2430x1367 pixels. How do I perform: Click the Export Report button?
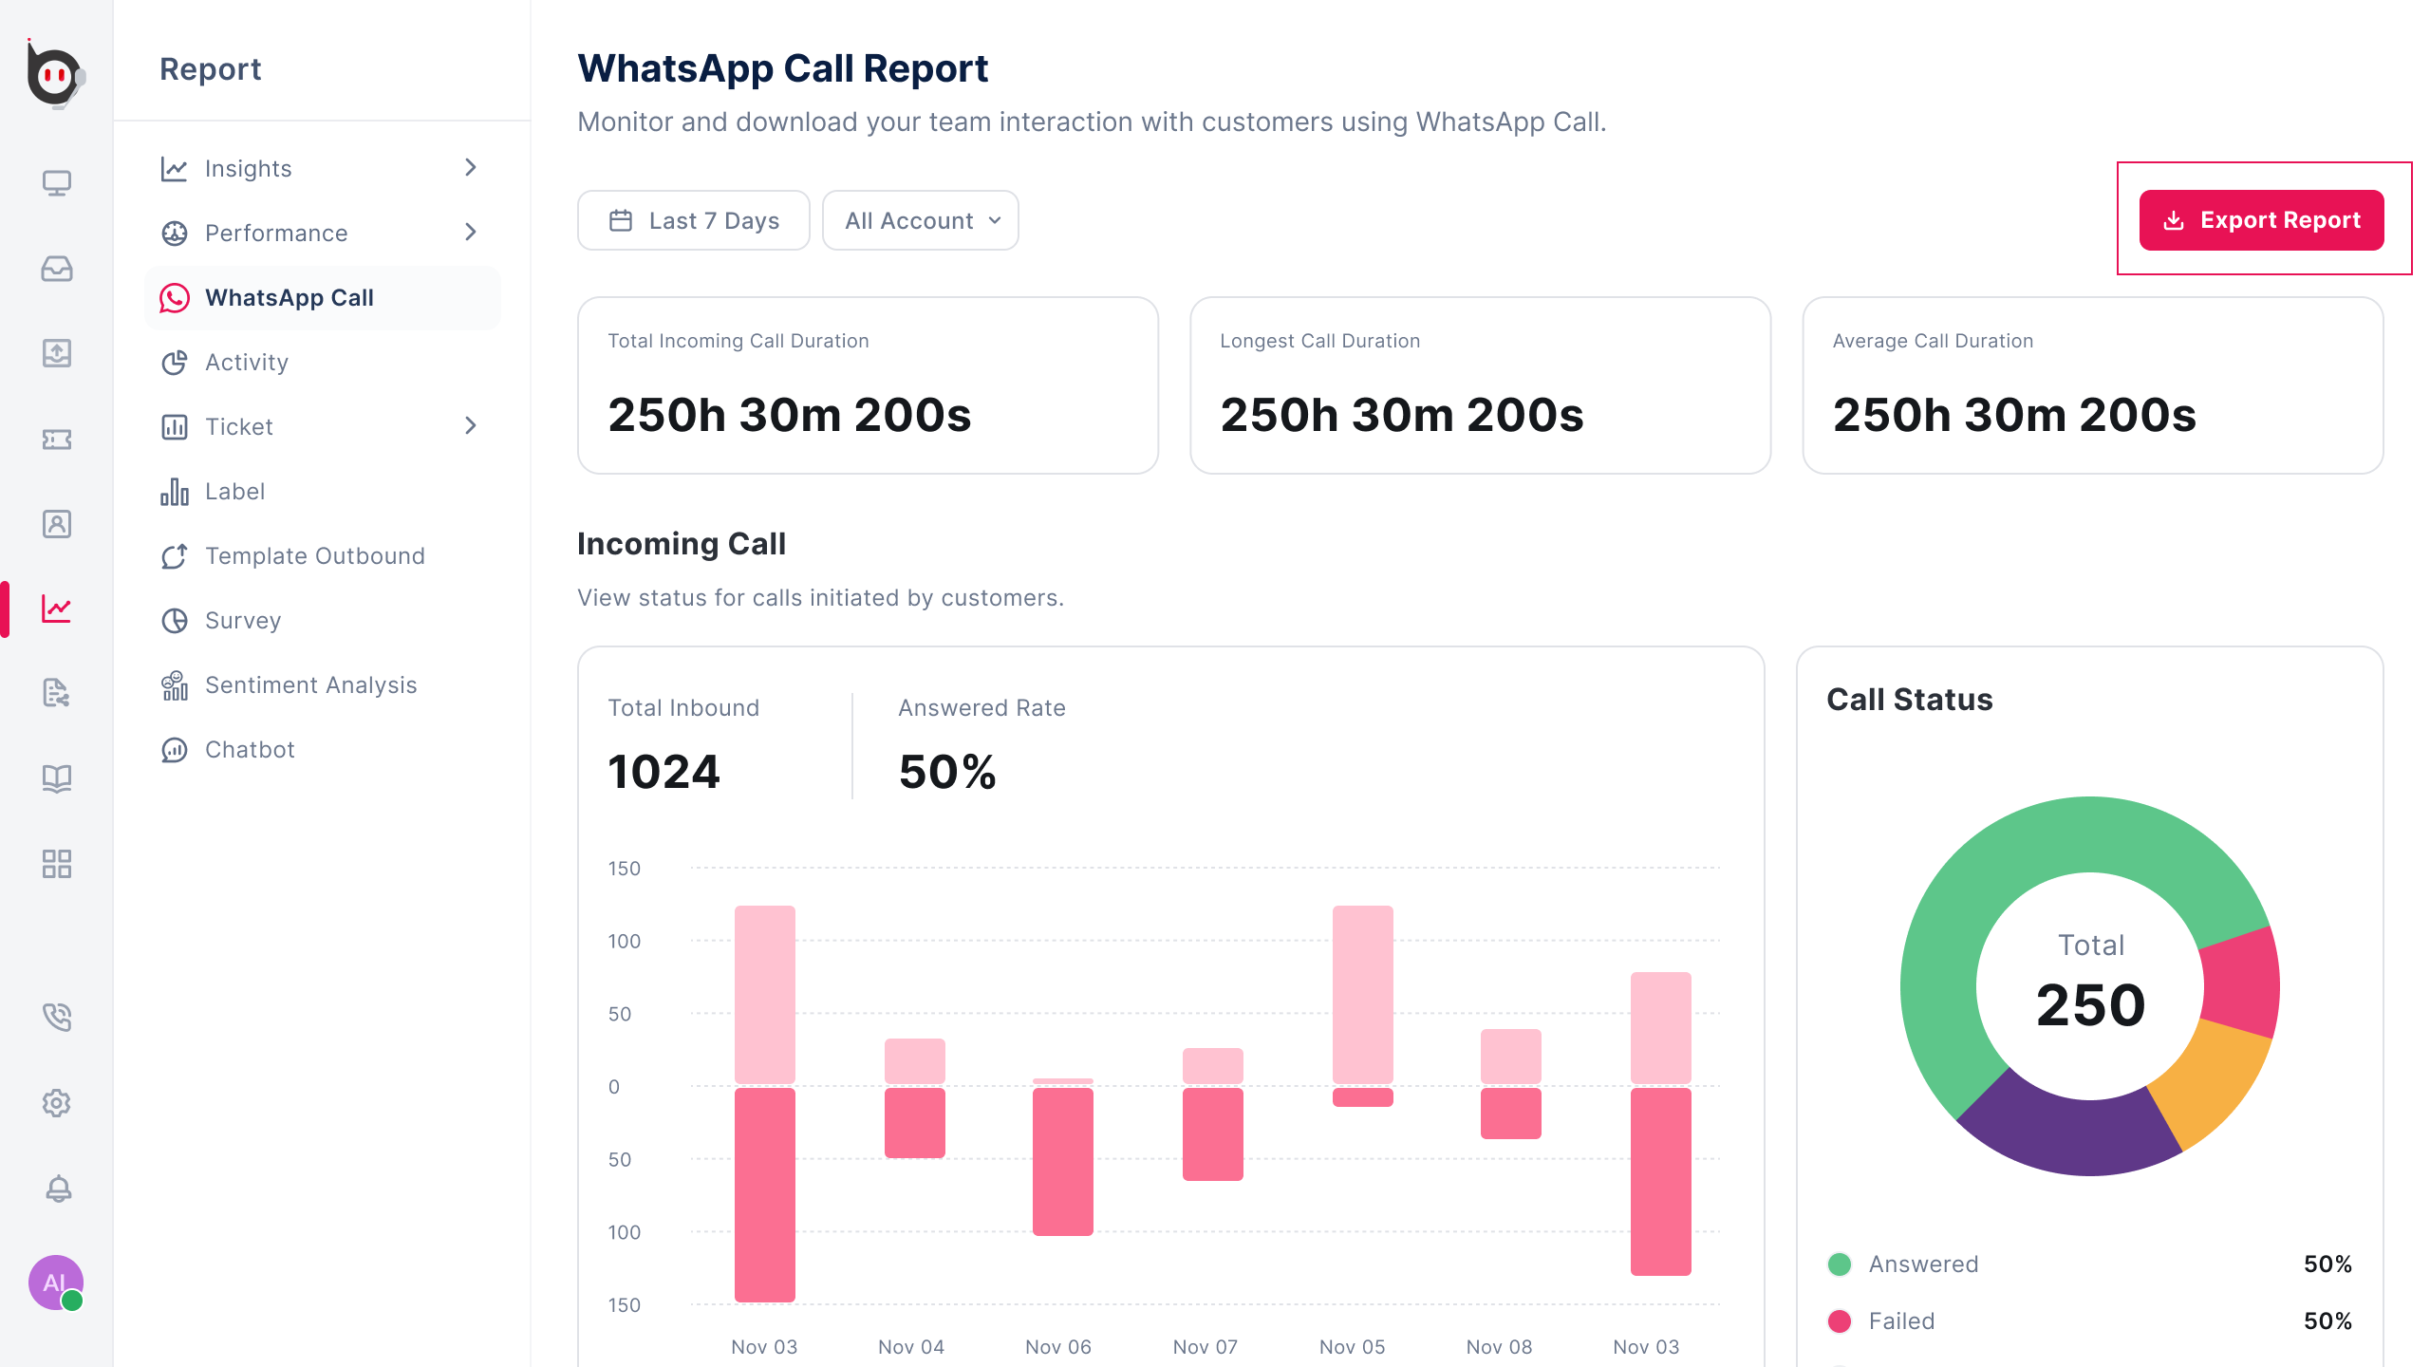2261,220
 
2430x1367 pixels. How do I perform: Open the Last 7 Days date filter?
694,221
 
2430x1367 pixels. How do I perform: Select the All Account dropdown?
921,221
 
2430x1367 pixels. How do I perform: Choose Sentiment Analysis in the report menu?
310,685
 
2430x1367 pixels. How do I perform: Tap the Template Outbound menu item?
314,556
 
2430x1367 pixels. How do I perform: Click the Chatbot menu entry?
250,750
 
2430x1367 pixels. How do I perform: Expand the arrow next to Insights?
471,168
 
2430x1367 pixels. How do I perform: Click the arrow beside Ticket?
471,426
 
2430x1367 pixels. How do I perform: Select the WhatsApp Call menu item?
289,298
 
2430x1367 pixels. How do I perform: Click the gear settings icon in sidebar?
57,1103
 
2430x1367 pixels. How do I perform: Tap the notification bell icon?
58,1189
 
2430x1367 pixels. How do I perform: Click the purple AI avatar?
55,1283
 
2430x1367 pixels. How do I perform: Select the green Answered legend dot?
1840,1264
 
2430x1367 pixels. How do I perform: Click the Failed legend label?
1901,1321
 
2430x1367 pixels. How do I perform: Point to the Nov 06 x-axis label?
1058,1347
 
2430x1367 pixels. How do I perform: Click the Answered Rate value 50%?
947,772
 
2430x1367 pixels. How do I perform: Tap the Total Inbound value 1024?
664,772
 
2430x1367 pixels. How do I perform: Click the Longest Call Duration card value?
1402,415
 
